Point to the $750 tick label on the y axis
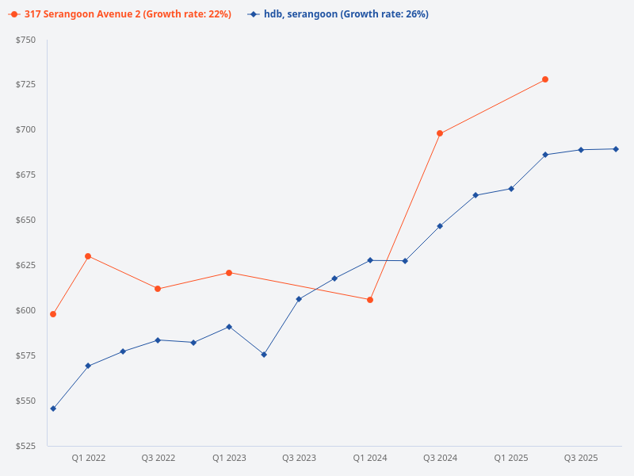25,40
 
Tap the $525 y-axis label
25,446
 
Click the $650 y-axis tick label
25,220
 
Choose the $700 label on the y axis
25,129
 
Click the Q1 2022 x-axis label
89,459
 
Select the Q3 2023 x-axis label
299,459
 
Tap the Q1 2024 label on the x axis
370,459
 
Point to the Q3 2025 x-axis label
581,459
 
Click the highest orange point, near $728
545,79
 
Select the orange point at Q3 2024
440,133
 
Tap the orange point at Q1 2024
370,300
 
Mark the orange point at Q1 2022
88,256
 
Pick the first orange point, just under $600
53,314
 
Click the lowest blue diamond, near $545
53,409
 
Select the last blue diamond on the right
616,149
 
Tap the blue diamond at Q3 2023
299,299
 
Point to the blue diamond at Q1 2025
511,189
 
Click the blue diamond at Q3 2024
440,226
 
